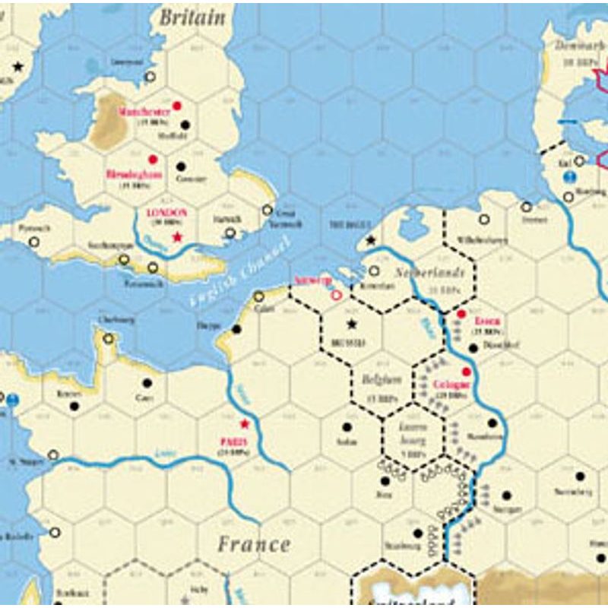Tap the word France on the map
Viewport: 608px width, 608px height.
pyautogui.click(x=254, y=544)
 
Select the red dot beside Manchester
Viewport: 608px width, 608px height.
pyautogui.click(x=177, y=106)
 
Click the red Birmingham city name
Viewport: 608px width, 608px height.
pyautogui.click(x=135, y=173)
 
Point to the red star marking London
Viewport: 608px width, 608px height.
pyautogui.click(x=177, y=238)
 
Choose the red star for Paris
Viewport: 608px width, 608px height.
pyautogui.click(x=245, y=424)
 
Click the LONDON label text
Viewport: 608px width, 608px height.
pyautogui.click(x=166, y=213)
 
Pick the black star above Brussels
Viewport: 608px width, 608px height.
pyautogui.click(x=351, y=324)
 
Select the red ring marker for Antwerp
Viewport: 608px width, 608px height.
pyautogui.click(x=336, y=292)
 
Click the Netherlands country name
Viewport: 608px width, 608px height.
pyautogui.click(x=429, y=272)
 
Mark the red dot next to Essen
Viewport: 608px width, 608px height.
pyautogui.click(x=461, y=313)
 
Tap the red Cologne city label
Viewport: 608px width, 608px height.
pyautogui.click(x=451, y=385)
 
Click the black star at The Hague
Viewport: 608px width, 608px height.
pyautogui.click(x=371, y=240)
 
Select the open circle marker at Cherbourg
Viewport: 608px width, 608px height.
pyautogui.click(x=109, y=339)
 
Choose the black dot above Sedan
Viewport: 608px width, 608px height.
pyautogui.click(x=347, y=427)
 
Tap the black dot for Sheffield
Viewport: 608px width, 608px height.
pyautogui.click(x=185, y=125)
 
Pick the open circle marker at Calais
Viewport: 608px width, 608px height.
pyautogui.click(x=259, y=296)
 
